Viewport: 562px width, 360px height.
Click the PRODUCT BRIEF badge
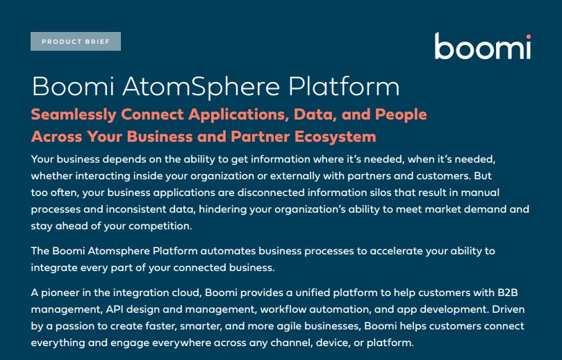point(76,42)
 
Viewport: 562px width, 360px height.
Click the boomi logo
point(483,46)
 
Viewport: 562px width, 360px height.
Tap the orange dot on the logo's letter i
point(529,37)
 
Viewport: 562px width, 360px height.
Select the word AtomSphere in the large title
point(201,87)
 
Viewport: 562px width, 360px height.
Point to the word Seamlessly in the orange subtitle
point(74,115)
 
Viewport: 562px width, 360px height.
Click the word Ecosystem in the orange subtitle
point(336,137)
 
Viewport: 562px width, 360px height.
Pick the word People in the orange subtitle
point(401,115)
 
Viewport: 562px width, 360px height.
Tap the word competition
point(160,227)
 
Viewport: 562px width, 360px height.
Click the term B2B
point(508,293)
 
